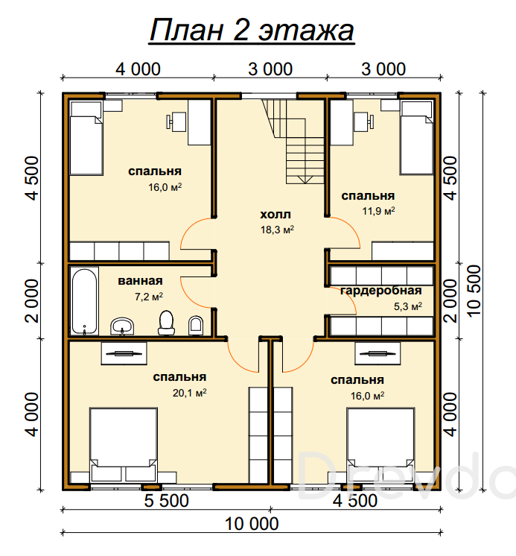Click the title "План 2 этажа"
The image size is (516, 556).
(252, 30)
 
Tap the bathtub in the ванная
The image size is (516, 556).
(84, 301)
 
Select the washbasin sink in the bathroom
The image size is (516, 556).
(122, 326)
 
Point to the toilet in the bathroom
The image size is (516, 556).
(166, 323)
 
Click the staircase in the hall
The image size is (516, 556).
(294, 141)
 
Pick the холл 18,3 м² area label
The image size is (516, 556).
(277, 222)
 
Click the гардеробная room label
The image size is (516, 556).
(381, 291)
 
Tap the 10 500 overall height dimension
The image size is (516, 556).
(474, 291)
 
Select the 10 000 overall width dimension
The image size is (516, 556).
(252, 524)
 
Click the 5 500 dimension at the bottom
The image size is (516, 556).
(167, 501)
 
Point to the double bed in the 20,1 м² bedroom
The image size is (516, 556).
(124, 445)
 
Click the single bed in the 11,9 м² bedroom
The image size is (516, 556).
(417, 138)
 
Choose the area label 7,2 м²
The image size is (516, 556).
(149, 297)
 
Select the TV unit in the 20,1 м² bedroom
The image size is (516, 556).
(124, 353)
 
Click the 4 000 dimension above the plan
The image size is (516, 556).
(138, 69)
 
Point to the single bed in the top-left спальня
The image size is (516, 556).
(86, 138)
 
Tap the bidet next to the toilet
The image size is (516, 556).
(196, 326)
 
